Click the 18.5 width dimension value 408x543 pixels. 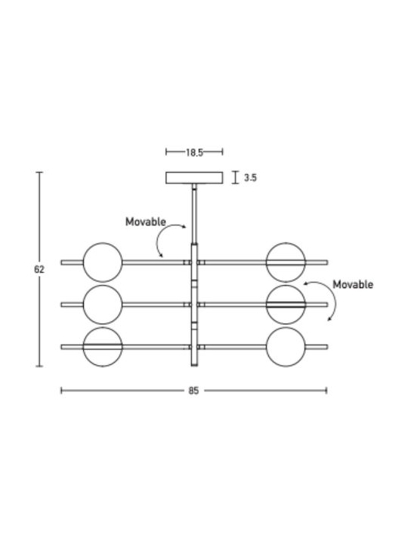194,152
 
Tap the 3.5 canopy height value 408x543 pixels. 250,178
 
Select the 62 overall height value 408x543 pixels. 39,269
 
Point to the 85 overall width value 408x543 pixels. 193,391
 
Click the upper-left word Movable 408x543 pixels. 146,222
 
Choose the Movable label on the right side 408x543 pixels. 353,284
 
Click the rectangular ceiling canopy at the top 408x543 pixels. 194,178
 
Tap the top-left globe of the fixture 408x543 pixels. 103,262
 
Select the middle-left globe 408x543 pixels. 103,305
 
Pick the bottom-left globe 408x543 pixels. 103,347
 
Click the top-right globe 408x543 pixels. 286,262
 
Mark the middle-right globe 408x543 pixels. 286,305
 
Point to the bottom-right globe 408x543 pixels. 286,347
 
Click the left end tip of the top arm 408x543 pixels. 61,262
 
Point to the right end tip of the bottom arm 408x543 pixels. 327,347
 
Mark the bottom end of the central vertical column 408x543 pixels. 194,366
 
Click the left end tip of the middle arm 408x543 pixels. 61,305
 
